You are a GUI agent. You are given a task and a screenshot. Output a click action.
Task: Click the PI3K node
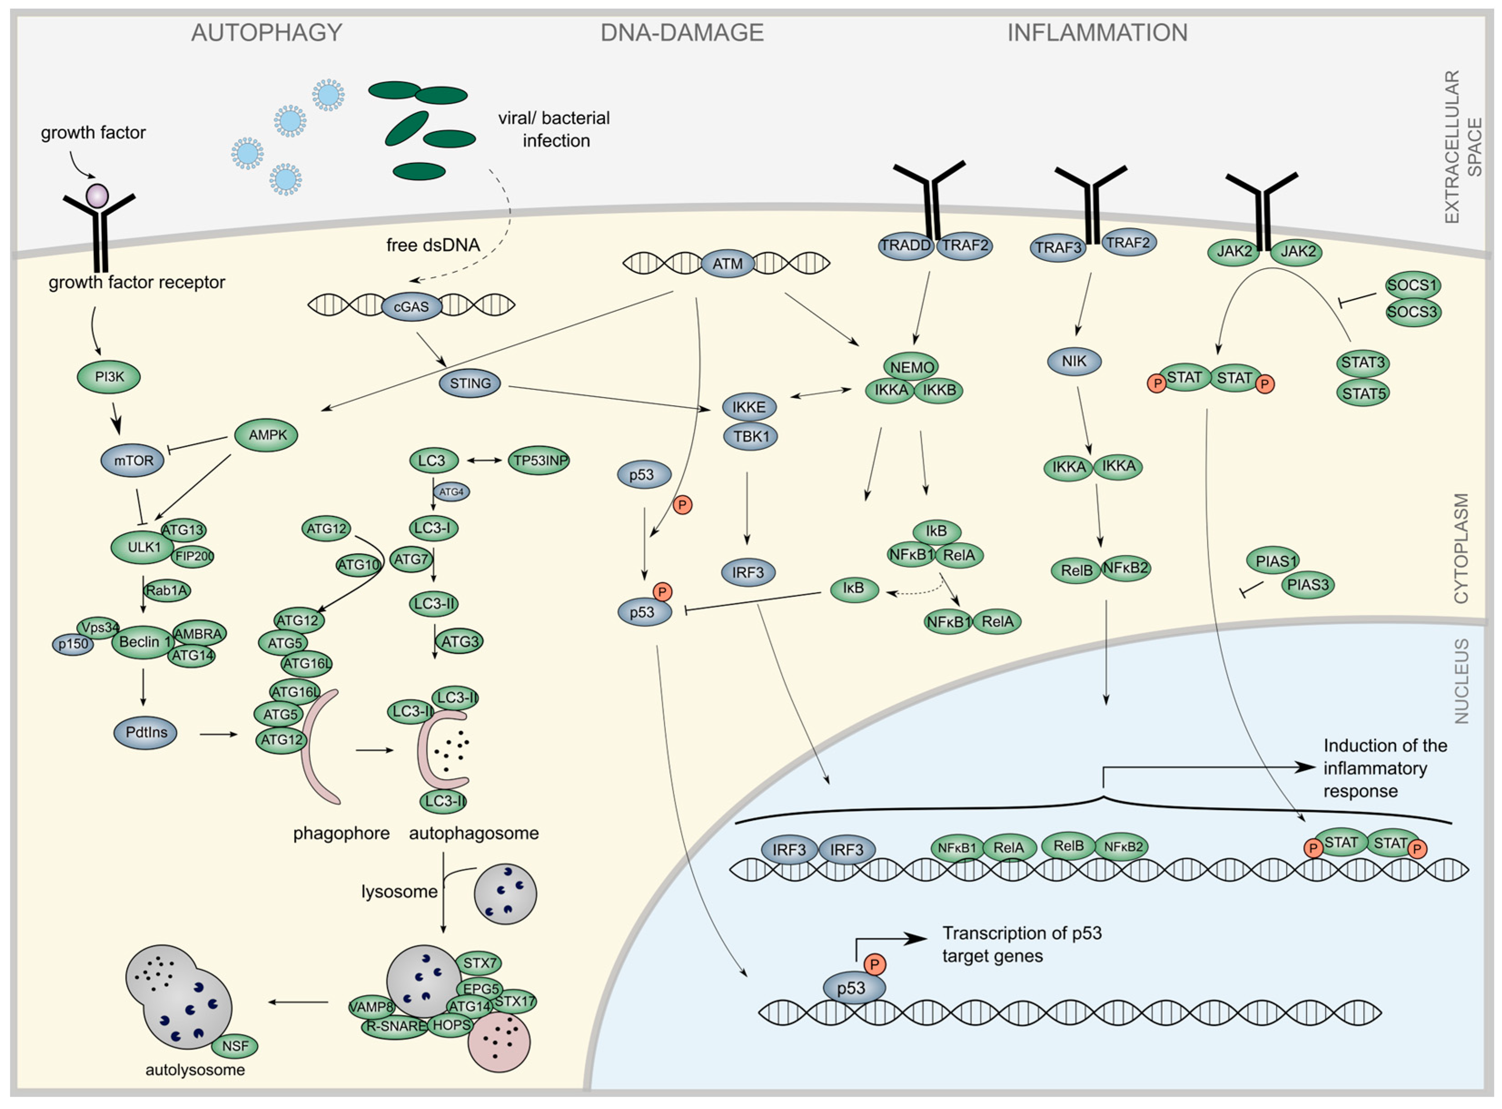[109, 377]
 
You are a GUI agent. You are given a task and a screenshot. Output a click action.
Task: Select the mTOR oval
[132, 461]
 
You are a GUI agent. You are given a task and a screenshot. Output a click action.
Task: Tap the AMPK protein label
[267, 435]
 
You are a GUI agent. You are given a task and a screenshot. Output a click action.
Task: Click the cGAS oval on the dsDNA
[411, 307]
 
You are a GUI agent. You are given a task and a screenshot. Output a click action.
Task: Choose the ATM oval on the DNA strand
[727, 264]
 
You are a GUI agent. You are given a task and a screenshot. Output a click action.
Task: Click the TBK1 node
[751, 437]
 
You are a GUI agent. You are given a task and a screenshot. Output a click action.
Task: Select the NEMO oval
[912, 367]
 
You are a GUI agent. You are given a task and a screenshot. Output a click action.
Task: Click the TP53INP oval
[539, 461]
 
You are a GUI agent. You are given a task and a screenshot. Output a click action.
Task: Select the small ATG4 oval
[451, 492]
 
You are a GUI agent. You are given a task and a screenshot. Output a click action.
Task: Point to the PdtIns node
[146, 732]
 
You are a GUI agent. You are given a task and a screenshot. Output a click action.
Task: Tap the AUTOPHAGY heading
[267, 33]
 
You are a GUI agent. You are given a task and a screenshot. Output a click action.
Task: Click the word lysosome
[399, 892]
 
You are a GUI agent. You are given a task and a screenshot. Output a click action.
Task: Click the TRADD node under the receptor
[905, 245]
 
